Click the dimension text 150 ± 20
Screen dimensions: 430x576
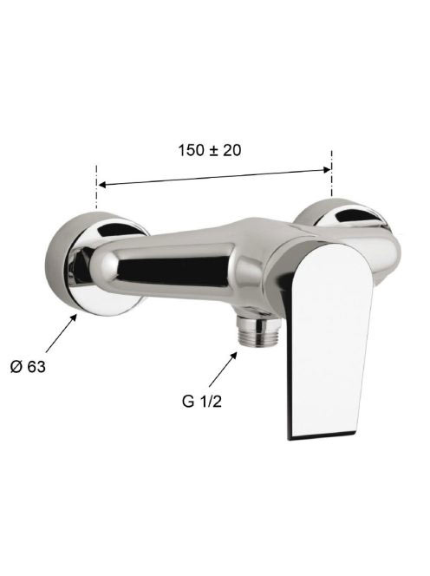(x=210, y=150)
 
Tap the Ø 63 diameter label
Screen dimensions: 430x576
(x=28, y=367)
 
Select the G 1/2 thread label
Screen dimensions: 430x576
(x=202, y=402)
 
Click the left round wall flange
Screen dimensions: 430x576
(x=96, y=264)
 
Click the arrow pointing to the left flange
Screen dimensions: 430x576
(x=62, y=333)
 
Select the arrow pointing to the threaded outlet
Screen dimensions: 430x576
(x=223, y=370)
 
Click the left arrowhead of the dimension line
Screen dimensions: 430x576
(x=102, y=185)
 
